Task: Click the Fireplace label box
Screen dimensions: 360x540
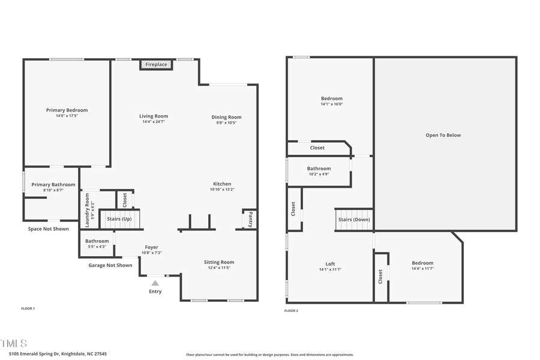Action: pos(156,64)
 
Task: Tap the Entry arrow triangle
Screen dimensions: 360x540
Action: pos(155,283)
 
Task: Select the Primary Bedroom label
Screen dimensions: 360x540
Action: pos(67,110)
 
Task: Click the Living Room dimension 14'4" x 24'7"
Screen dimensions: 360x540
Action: pos(154,122)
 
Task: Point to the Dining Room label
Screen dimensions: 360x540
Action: pos(226,117)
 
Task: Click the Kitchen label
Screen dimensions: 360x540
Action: pos(222,184)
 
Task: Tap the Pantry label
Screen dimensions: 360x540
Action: pos(250,219)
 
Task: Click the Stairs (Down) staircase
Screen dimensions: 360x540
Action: pos(353,219)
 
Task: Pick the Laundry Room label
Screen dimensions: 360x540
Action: pos(87,209)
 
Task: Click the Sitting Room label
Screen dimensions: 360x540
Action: pos(219,262)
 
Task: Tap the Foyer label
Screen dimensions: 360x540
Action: pos(151,247)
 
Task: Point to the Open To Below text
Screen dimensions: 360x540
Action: pos(443,135)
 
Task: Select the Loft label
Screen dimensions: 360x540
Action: pos(330,264)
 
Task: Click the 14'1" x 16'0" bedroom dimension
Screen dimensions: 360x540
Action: pos(331,104)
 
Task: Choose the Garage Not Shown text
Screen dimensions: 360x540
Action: pos(110,265)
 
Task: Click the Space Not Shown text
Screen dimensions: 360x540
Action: pos(48,229)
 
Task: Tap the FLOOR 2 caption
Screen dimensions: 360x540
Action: pos(290,311)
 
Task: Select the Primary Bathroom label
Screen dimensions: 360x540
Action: pos(53,185)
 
